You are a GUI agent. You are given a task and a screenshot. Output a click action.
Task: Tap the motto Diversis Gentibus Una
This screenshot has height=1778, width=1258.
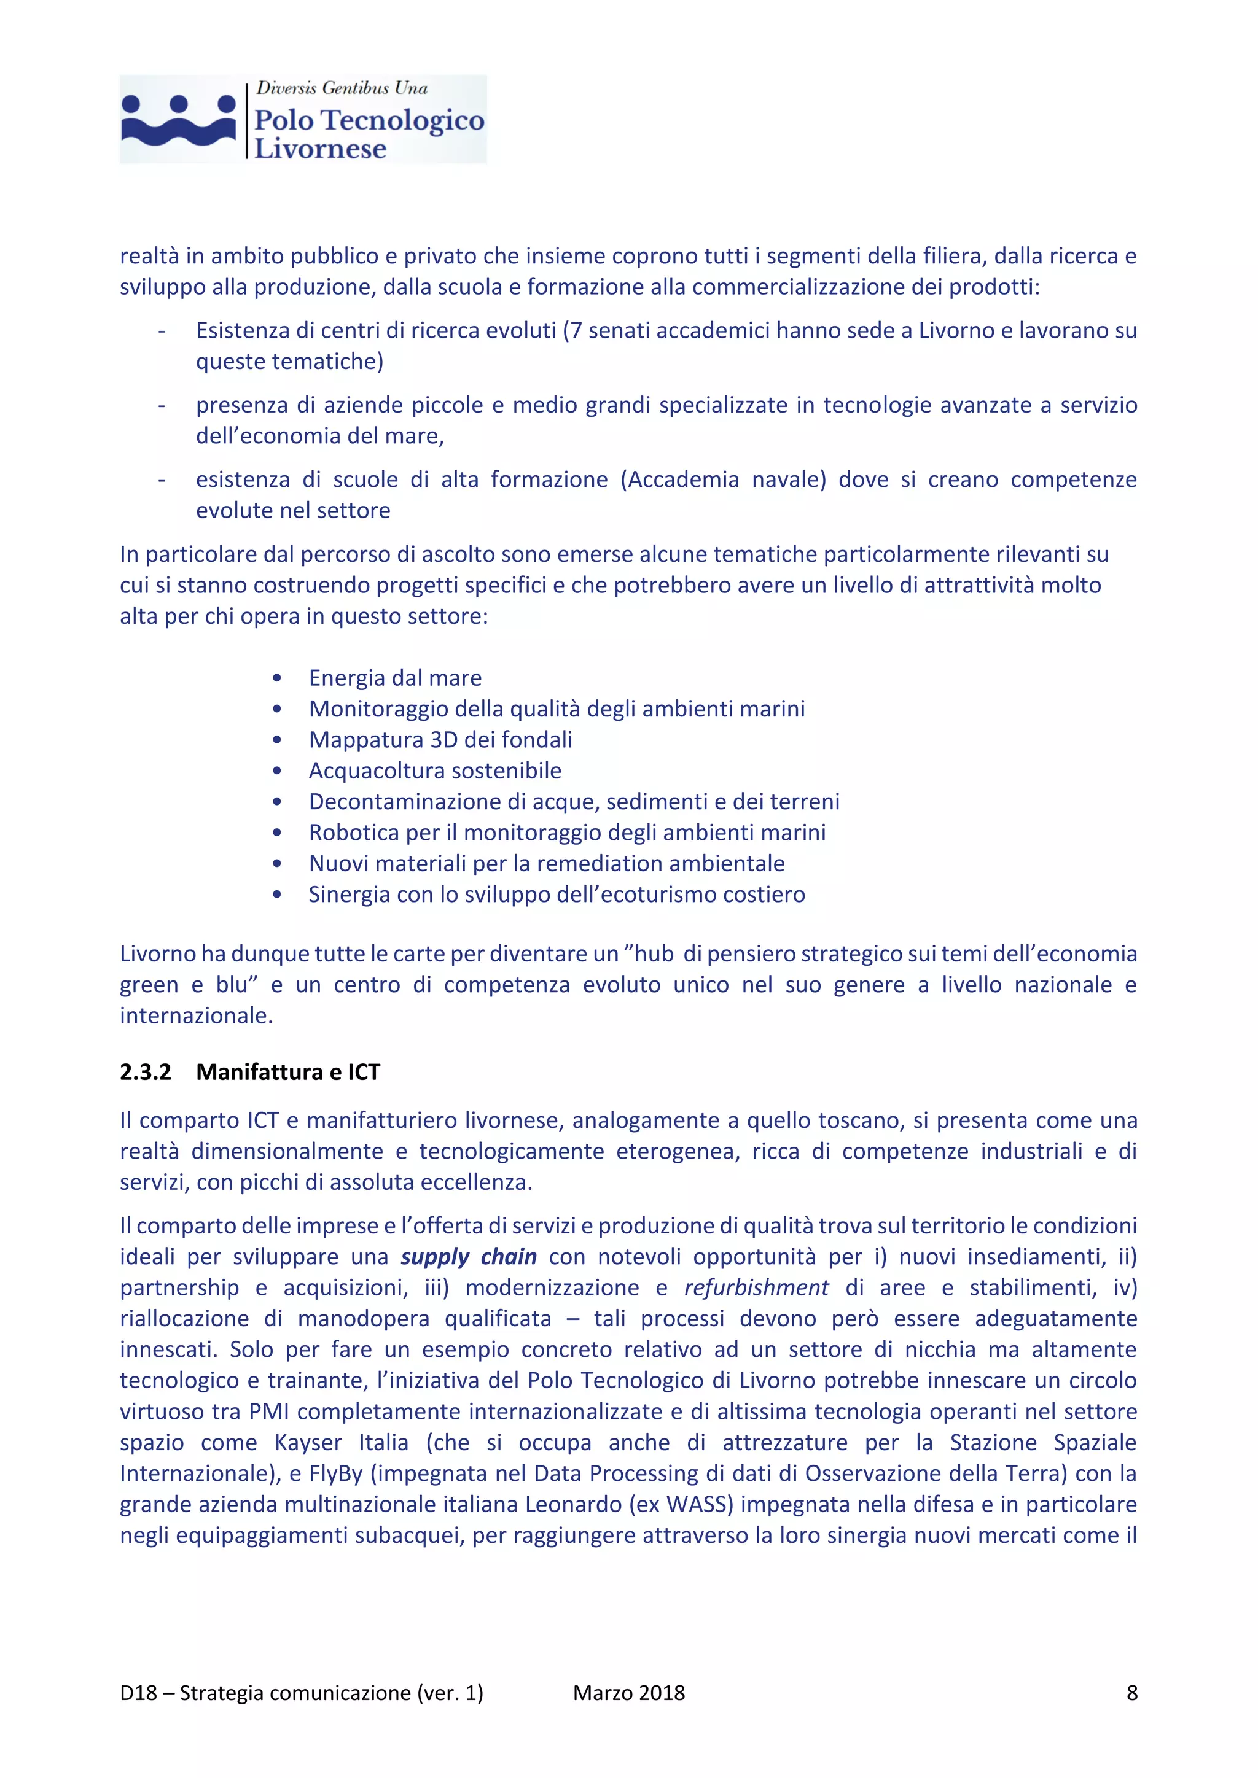[x=342, y=88]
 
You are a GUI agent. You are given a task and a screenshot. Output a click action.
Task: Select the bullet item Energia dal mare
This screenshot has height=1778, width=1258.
[x=395, y=678]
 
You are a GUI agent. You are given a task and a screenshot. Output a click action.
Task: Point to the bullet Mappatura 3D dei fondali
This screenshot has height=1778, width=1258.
[x=440, y=740]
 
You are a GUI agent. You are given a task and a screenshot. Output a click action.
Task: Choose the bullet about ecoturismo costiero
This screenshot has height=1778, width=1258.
[x=556, y=895]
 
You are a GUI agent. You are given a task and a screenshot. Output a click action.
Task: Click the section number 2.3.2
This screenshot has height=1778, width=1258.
[x=145, y=1072]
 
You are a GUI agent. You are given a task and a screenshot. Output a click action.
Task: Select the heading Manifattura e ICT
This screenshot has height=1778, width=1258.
[x=287, y=1072]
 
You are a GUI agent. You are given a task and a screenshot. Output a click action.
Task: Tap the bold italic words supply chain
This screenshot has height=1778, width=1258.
[x=468, y=1256]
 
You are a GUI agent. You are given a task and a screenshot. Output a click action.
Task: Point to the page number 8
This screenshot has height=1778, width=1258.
[x=1131, y=1693]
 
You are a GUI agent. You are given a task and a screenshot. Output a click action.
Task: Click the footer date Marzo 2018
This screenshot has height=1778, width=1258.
[x=628, y=1693]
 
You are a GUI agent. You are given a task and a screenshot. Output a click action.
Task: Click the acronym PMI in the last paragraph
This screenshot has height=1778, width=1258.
[x=269, y=1411]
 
